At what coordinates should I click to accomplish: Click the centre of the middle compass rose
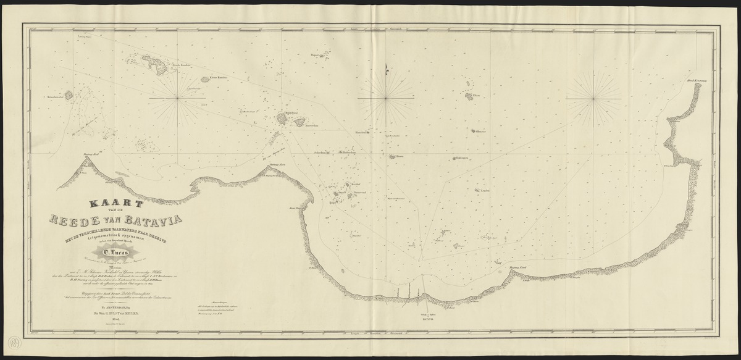[x=387, y=97]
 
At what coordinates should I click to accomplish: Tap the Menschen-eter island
[x=69, y=96]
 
